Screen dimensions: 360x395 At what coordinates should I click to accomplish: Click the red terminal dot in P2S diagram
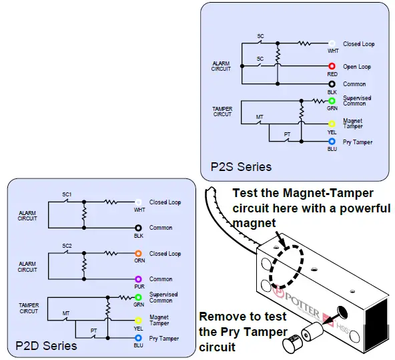click(x=332, y=67)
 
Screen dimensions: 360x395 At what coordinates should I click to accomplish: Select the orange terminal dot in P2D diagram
click(x=138, y=254)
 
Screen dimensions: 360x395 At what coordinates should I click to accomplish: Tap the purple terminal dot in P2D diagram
click(x=138, y=279)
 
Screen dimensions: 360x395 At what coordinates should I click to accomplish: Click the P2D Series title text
click(x=46, y=345)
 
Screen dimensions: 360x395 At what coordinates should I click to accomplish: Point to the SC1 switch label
click(x=67, y=194)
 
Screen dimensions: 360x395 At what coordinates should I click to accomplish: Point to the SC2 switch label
click(x=67, y=246)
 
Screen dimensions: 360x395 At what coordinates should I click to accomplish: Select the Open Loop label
click(x=357, y=67)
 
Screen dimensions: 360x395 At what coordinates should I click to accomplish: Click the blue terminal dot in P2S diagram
click(x=332, y=142)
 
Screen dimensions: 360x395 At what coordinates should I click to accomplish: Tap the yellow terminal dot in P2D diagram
click(x=138, y=320)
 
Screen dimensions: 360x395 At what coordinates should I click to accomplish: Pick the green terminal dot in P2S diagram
click(x=332, y=101)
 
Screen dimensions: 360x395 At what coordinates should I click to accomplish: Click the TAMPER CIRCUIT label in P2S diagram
click(x=222, y=111)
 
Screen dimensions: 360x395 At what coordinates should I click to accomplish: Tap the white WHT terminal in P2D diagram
click(x=138, y=202)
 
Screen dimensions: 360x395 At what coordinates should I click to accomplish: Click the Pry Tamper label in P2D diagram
click(x=163, y=339)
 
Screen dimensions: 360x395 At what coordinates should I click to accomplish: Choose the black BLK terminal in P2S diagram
click(x=332, y=84)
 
